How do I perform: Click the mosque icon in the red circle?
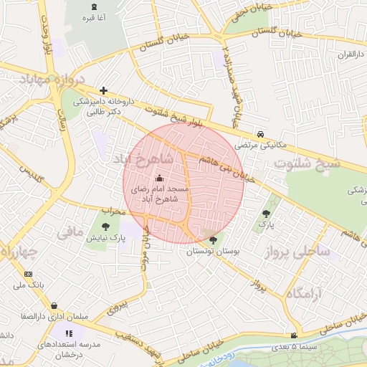pos(159,178)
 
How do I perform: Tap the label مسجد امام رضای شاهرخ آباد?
pos(159,194)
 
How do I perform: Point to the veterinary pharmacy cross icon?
pos(105,91)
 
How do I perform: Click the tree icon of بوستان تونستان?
pos(212,239)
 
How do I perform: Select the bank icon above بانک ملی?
pos(28,275)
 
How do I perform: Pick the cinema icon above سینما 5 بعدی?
pos(293,336)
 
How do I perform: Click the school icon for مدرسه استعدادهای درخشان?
pos(69,333)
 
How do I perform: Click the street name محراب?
pos(113,211)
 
